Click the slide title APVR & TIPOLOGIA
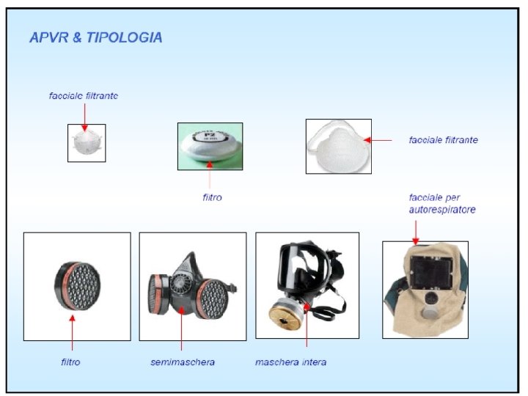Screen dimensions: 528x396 coord(96,37)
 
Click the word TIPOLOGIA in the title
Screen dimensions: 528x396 coord(125,37)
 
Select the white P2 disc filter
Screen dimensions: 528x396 coord(210,146)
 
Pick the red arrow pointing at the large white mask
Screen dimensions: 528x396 coord(378,140)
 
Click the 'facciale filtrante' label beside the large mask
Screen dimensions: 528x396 coord(443,140)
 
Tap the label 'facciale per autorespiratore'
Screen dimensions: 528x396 coord(442,203)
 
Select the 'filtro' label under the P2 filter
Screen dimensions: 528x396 coord(212,197)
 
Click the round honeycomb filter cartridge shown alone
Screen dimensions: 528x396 coord(78,286)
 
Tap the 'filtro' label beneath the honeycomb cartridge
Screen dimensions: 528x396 coord(70,362)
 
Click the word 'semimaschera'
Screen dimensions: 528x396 coord(183,362)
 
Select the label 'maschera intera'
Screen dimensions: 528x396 coord(290,362)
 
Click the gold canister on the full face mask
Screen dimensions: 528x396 coord(286,314)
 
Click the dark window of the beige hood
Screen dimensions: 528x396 coord(431,272)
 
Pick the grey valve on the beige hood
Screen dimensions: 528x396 coord(429,311)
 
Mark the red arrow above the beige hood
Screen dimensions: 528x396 coord(416,232)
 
